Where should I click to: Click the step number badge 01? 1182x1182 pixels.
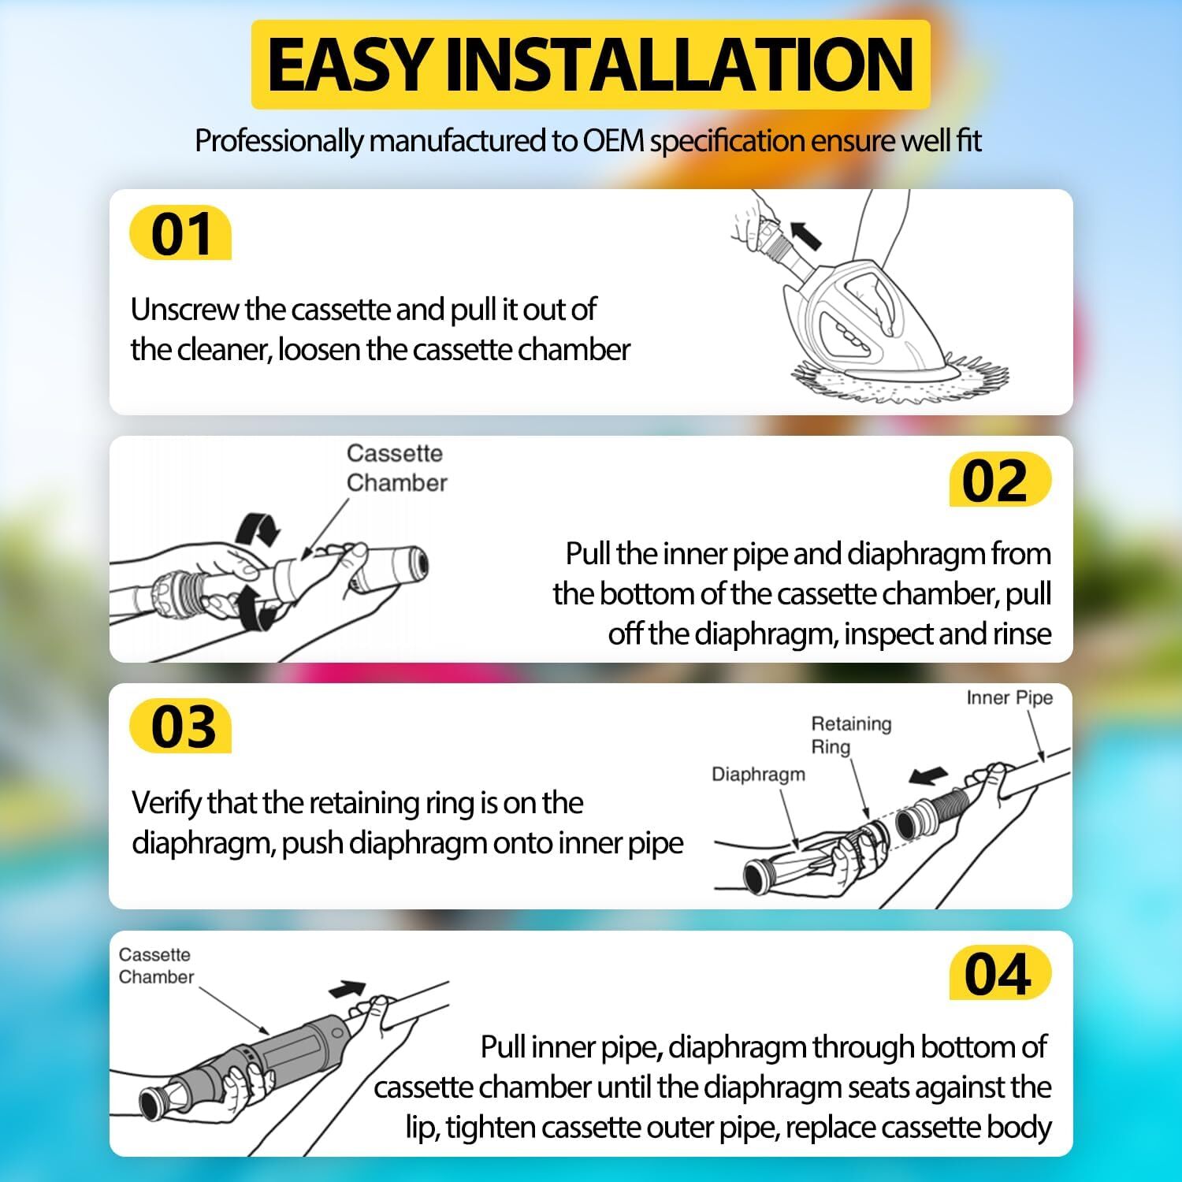pyautogui.click(x=180, y=233)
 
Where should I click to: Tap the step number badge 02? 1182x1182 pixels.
pyautogui.click(x=1000, y=479)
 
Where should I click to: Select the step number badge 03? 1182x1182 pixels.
pyautogui.click(x=180, y=726)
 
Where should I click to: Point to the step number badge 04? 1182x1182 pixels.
pyautogui.click(x=1000, y=973)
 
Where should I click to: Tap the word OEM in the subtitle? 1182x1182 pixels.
pyautogui.click(x=614, y=141)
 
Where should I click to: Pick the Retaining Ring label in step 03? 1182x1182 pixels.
pyautogui.click(x=851, y=735)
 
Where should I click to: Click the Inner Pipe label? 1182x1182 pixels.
pyautogui.click(x=1009, y=697)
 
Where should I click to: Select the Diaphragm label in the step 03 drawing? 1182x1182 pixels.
pyautogui.click(x=758, y=775)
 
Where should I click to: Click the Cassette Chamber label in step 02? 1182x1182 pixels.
pyautogui.click(x=396, y=468)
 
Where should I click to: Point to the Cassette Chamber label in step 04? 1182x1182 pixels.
pyautogui.click(x=156, y=965)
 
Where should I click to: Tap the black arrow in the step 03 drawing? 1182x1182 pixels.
pyautogui.click(x=929, y=776)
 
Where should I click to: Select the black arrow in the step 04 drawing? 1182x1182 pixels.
pyautogui.click(x=348, y=989)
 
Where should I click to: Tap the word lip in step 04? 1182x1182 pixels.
pyautogui.click(x=422, y=1128)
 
